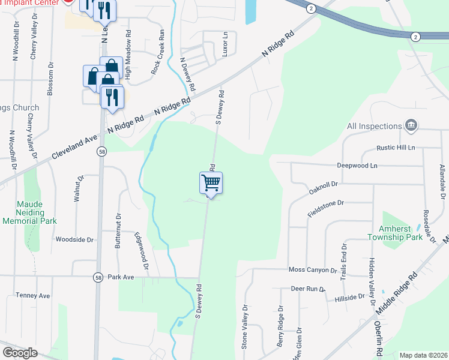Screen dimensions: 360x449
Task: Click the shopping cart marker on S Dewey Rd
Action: pos(211,182)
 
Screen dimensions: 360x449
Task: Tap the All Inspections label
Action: pos(373,126)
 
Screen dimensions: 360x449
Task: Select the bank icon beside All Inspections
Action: pos(411,125)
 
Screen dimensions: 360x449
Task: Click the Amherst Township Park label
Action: pos(401,233)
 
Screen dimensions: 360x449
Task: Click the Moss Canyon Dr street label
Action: pos(312,271)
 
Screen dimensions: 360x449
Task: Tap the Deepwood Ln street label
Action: pos(357,165)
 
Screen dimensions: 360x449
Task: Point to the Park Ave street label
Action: pos(121,278)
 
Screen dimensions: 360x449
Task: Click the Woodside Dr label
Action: pos(75,239)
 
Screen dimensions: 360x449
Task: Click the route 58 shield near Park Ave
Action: pos(98,277)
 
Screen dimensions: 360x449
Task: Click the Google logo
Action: pos(20,353)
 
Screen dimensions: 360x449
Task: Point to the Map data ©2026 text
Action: pos(423,355)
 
